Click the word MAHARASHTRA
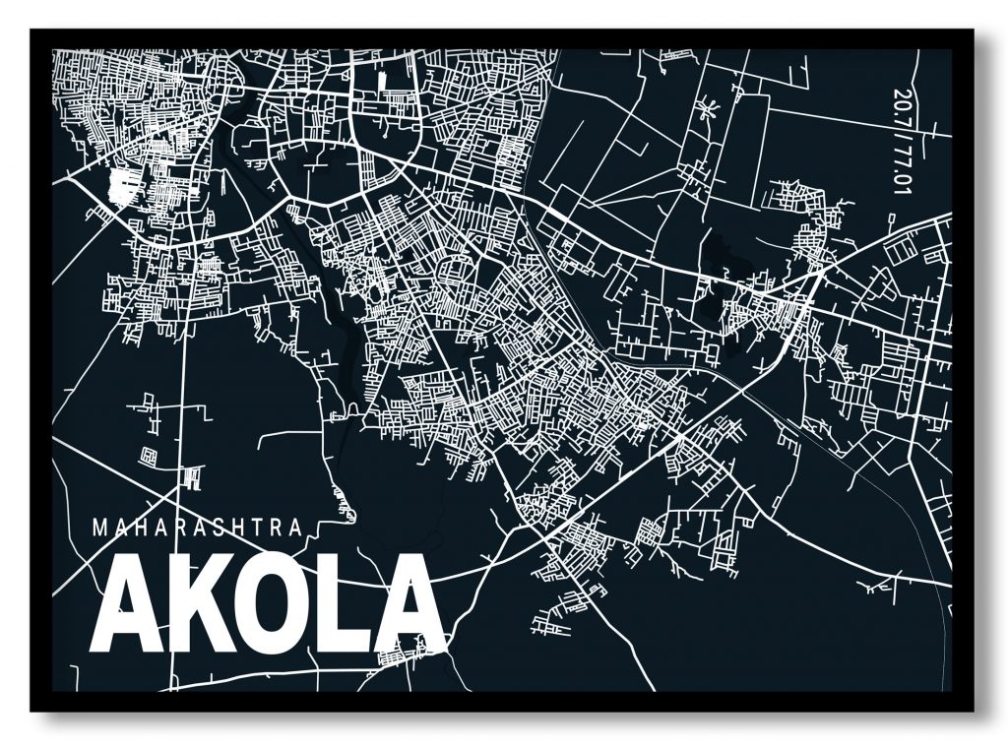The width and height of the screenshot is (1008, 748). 197,527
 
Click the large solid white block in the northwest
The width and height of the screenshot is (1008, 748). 122,184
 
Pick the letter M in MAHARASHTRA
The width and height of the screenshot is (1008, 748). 98,527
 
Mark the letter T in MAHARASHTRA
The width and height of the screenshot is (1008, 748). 258,527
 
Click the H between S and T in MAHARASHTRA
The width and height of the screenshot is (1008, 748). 237,527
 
